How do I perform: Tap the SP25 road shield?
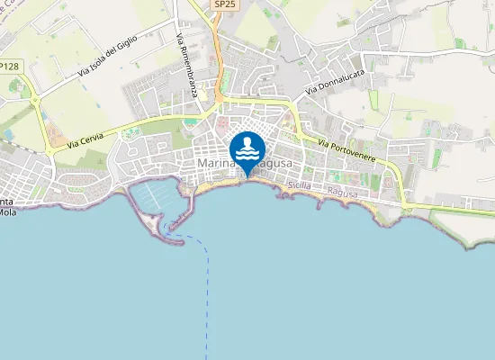pos(225,4)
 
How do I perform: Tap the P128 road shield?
pos(9,67)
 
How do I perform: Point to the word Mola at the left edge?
pos(7,212)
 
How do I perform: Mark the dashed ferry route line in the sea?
pos(208,288)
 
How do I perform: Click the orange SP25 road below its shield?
pos(219,54)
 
